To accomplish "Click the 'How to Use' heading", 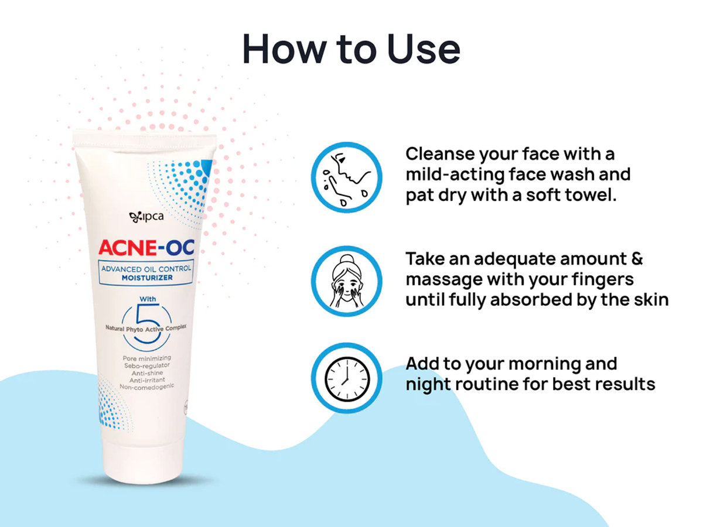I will tap(351, 49).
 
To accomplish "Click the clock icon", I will tap(347, 378).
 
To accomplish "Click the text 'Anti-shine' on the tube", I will tap(147, 373).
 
